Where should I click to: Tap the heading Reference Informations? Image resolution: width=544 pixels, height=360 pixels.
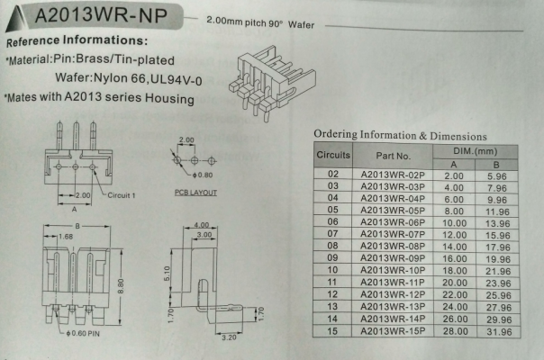[77, 42]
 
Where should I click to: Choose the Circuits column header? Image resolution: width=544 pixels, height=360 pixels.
[333, 157]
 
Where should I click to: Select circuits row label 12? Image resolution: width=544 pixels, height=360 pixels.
[332, 294]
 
